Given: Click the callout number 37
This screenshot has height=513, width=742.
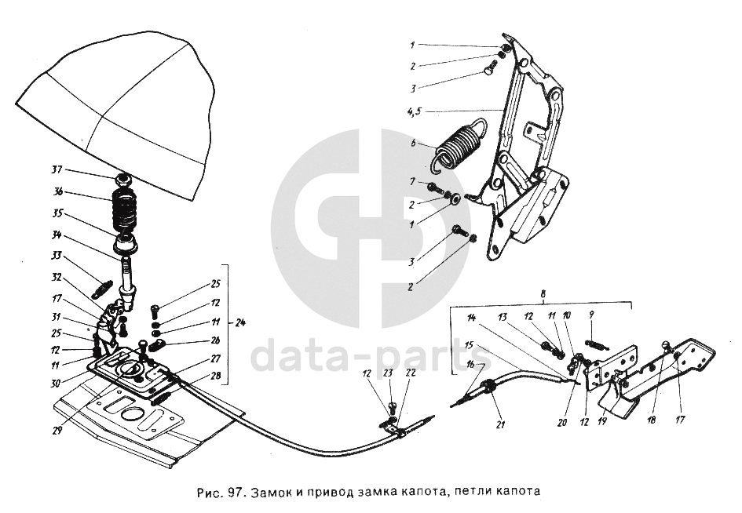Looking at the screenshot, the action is [x=56, y=171].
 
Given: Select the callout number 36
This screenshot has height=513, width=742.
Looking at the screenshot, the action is [x=56, y=191].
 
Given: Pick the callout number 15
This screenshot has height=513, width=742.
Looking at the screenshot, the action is [x=468, y=345].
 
